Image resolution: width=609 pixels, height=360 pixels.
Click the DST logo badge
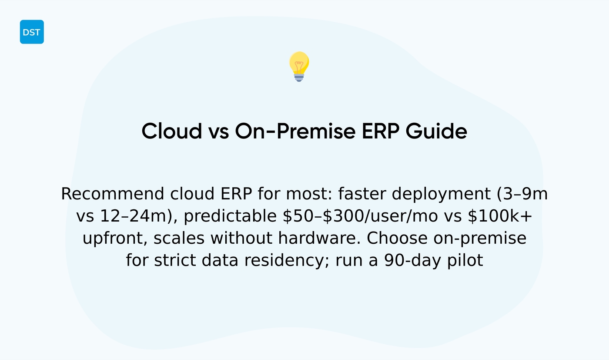point(32,32)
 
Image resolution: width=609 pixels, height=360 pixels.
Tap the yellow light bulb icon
point(299,66)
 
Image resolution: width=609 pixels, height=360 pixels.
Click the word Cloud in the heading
point(171,131)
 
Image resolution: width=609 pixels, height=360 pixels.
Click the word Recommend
point(113,194)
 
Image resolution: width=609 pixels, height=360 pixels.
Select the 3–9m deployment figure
point(522,194)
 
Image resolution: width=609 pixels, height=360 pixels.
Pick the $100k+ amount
point(500,216)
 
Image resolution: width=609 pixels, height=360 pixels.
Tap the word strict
point(173,261)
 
